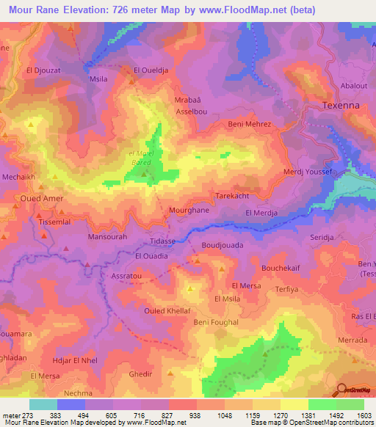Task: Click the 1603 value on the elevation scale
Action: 364,415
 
